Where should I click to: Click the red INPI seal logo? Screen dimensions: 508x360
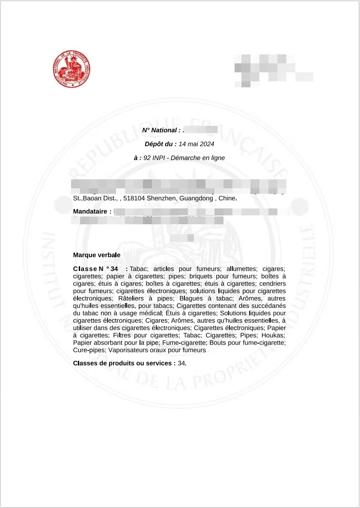[x=71, y=69]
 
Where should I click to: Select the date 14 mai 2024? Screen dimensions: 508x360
[x=196, y=144]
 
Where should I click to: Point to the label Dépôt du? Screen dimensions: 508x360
[x=161, y=144]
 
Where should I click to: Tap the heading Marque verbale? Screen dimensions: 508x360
[x=97, y=255]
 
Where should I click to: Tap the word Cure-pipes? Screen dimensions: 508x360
[x=89, y=350]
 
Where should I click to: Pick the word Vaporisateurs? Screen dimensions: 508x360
[x=128, y=350]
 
